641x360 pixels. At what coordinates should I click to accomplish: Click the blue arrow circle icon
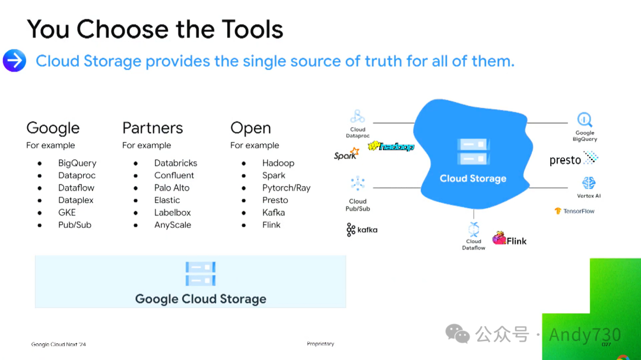pos(14,60)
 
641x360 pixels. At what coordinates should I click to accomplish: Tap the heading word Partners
pos(153,128)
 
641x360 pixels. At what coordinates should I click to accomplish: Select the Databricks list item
pos(175,163)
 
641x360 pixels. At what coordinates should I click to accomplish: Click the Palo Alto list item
pos(172,188)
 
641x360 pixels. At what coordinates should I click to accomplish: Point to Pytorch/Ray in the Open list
pos(286,188)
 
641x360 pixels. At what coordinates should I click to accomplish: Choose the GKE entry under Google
pos(67,212)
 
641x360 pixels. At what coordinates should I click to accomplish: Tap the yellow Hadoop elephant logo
pos(391,146)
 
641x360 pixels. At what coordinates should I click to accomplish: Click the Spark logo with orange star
pos(346,155)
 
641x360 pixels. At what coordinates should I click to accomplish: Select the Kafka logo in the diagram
pos(362,230)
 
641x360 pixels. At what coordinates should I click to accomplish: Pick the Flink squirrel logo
pos(509,240)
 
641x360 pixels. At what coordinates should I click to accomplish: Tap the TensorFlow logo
pos(575,211)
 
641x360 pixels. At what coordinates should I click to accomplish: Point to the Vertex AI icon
pos(588,183)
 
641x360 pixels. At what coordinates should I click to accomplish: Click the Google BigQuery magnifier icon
pos(585,120)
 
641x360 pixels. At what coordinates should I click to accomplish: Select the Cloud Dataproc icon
pos(357,116)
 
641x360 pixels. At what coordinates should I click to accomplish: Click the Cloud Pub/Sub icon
pos(357,183)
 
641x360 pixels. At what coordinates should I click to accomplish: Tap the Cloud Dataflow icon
pos(474,229)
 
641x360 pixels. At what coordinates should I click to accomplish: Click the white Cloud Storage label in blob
pos(473,179)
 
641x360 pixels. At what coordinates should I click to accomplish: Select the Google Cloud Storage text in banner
pos(201,299)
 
